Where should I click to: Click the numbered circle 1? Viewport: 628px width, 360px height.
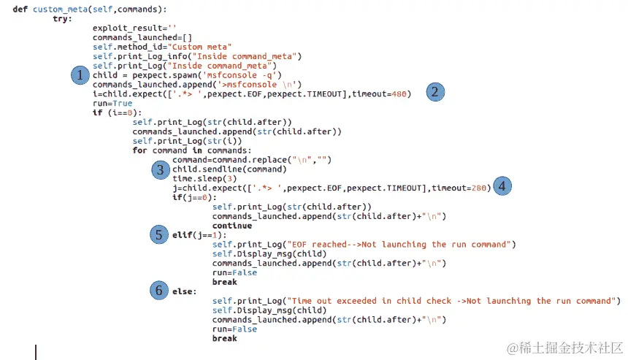click(80, 75)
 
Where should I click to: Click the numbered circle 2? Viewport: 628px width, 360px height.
click(435, 92)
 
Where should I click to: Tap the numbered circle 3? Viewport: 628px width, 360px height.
click(160, 169)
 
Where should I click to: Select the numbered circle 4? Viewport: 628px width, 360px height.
click(502, 185)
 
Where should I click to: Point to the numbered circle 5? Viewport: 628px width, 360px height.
click(160, 234)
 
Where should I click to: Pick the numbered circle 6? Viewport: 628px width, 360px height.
click(160, 290)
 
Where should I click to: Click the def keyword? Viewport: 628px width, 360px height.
click(20, 9)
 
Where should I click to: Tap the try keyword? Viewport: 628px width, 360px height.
click(62, 18)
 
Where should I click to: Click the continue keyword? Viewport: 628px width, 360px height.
click(232, 226)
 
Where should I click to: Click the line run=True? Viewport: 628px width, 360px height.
click(112, 103)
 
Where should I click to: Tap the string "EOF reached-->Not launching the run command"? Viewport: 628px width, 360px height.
click(401, 244)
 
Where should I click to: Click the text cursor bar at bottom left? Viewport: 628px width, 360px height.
click(35, 351)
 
